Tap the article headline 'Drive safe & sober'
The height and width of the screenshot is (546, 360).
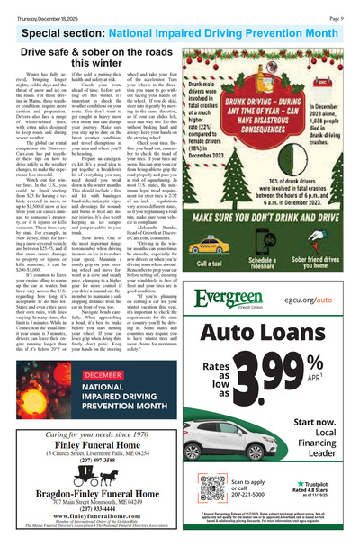pos(96,57)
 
